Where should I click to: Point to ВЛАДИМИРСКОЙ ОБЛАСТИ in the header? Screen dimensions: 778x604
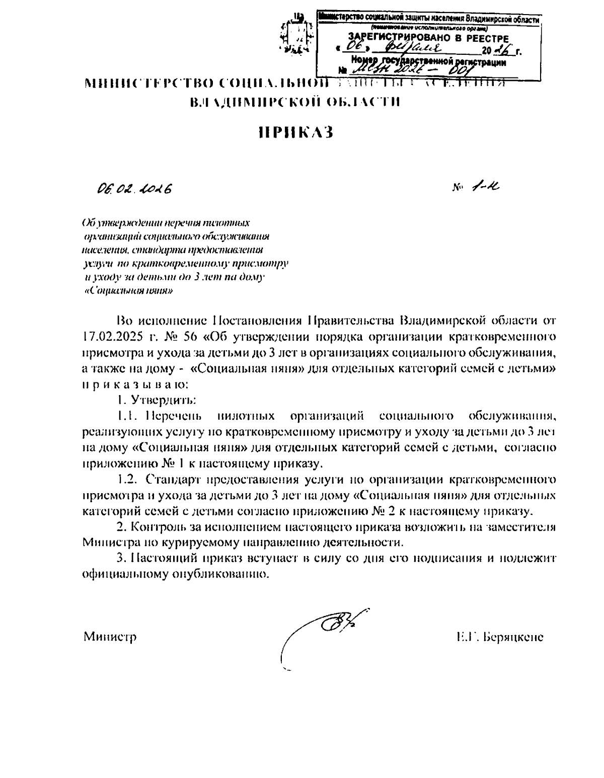click(x=295, y=103)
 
